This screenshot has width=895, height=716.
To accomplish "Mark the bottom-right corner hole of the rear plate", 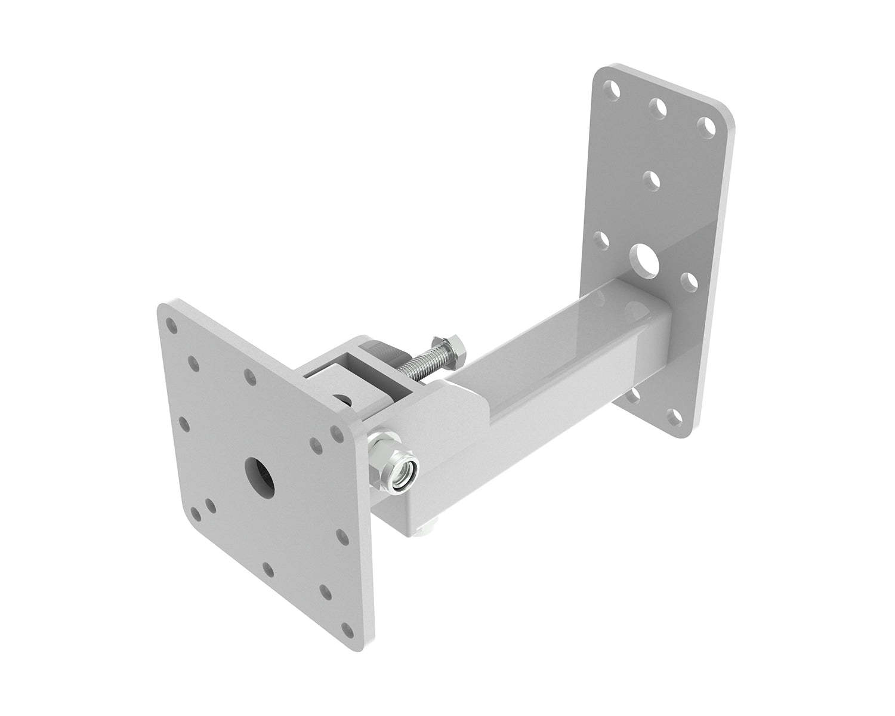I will (x=674, y=416).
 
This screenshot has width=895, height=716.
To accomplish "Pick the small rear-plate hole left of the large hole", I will (x=603, y=240).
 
